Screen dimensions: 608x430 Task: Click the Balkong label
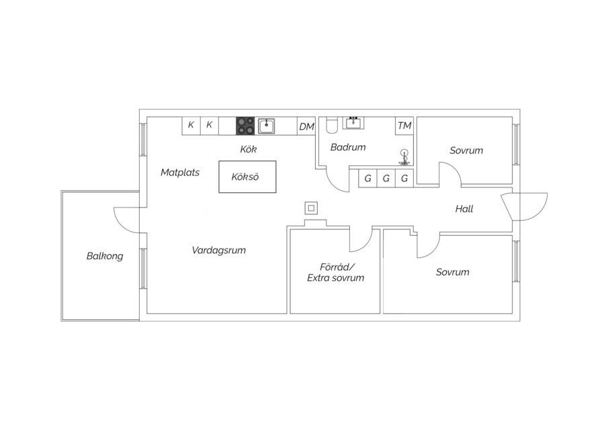point(105,256)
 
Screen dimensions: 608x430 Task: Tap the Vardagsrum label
point(219,251)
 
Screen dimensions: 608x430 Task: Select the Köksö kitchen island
point(247,177)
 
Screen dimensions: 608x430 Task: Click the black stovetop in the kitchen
point(245,126)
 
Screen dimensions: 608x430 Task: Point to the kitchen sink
point(267,126)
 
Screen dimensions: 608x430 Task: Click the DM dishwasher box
point(306,126)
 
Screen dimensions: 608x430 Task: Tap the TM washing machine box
point(404,126)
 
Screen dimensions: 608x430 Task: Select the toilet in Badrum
point(332,125)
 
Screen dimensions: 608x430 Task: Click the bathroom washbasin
point(353,122)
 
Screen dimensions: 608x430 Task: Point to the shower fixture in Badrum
point(404,157)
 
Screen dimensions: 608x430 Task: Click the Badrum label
point(348,147)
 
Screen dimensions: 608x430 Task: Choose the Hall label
point(464,209)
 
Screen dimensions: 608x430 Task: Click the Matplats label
point(180,173)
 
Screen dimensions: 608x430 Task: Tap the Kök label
point(248,149)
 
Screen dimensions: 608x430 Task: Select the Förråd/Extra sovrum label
point(336,273)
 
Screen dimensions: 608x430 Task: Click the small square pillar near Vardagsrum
point(311,208)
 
